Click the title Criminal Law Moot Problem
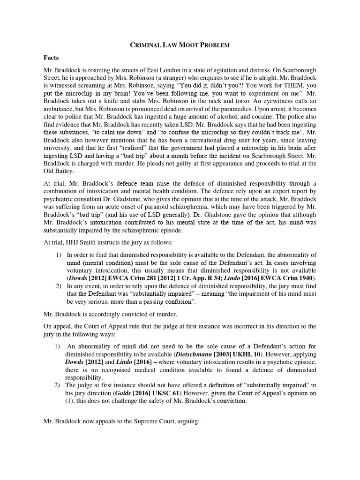click(180, 45)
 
